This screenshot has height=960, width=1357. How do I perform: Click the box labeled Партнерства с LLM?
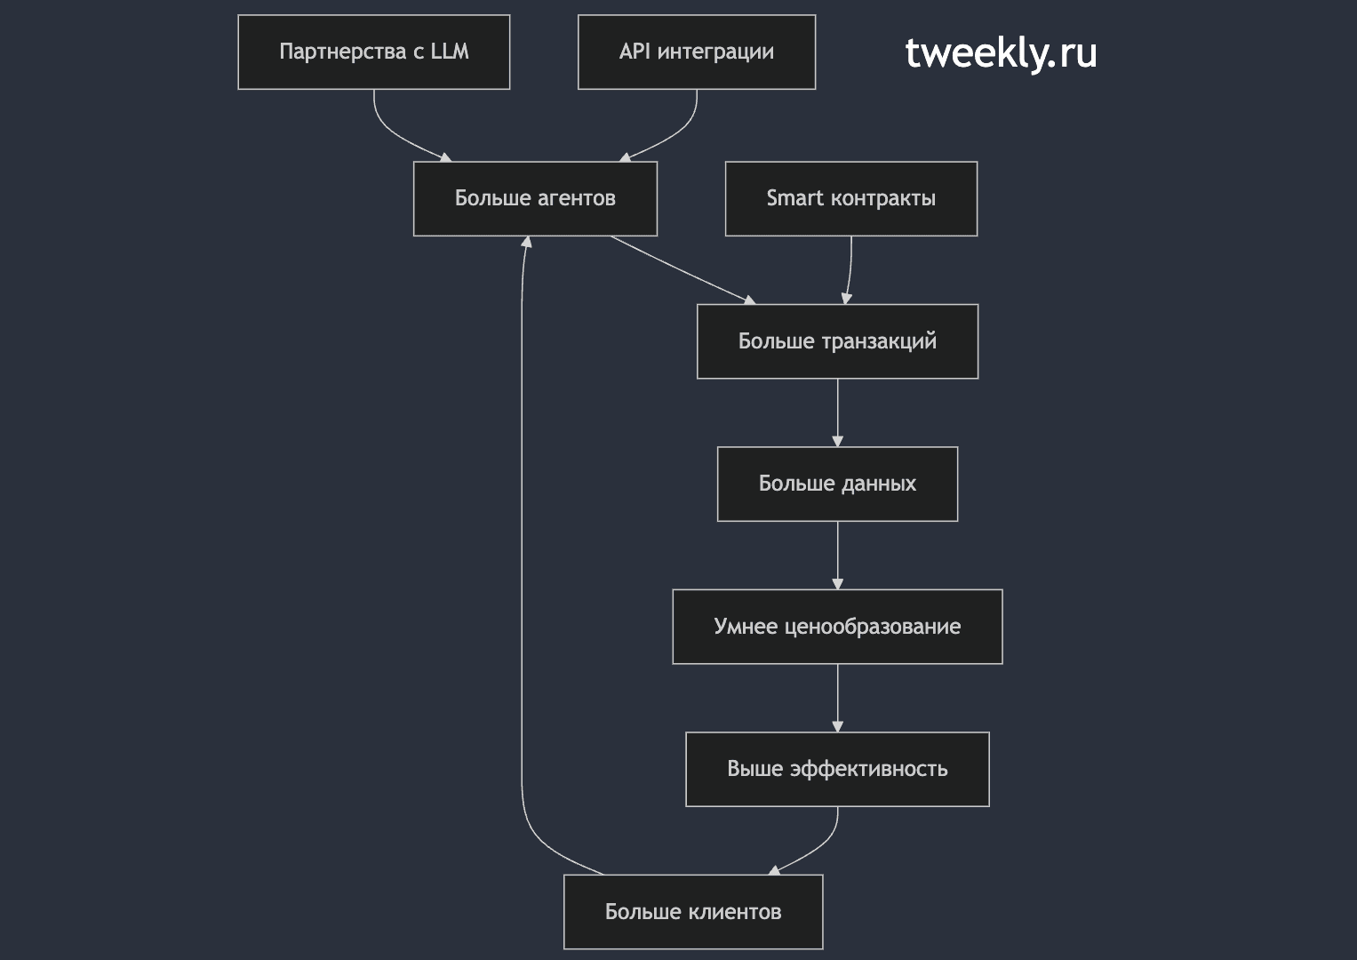coord(374,52)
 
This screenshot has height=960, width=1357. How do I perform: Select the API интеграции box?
coord(697,52)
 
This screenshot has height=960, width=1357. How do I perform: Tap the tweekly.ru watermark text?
coord(1001,53)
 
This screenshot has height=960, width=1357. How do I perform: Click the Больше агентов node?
coord(536,199)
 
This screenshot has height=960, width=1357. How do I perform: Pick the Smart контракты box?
coord(851,199)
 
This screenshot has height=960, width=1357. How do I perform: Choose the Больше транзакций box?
coord(838,342)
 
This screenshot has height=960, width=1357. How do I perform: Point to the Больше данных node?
coord(838,484)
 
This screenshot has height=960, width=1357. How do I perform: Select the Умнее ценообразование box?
coord(838,627)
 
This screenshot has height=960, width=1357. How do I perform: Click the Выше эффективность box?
coord(838,770)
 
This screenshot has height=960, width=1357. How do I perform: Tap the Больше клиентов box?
coord(694,912)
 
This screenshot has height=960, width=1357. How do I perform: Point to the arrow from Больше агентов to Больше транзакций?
coord(683,270)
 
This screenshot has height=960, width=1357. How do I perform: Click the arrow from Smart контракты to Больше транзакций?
coord(850,270)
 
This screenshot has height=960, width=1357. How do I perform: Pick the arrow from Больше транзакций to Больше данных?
coord(838,413)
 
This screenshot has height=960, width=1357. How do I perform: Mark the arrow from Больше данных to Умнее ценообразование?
coord(838,556)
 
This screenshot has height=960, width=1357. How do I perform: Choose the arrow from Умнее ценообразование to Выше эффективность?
coord(838,698)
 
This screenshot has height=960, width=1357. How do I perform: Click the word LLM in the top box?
coord(450,52)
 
